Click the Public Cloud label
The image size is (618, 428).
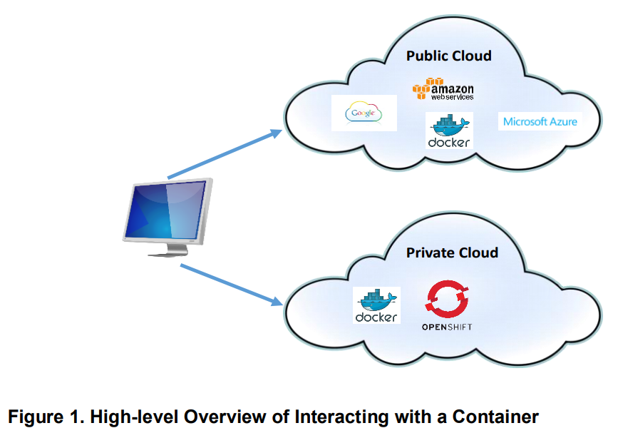coord(448,56)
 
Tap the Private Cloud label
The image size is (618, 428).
coord(452,253)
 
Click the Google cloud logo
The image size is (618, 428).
coord(364,113)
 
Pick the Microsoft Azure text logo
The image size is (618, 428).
coord(540,121)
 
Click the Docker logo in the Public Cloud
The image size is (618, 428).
coord(448,131)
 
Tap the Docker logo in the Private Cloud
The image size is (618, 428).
coord(376,305)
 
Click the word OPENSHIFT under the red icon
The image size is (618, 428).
coord(446,327)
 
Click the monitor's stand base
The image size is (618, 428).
coord(170,252)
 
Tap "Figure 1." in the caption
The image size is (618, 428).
coord(43,415)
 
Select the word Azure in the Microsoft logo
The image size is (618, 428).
coord(562,121)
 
